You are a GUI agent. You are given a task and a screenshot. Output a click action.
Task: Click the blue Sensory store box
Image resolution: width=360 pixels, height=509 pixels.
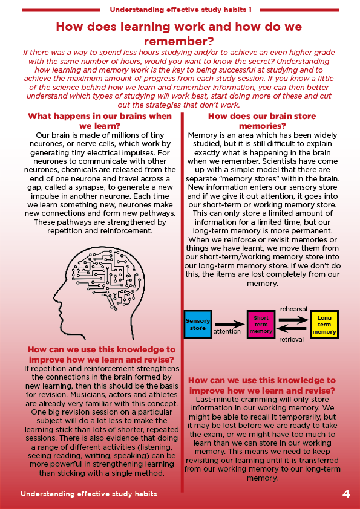tap(197, 324)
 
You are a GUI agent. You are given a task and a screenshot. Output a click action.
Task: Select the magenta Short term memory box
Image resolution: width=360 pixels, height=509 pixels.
tap(261, 324)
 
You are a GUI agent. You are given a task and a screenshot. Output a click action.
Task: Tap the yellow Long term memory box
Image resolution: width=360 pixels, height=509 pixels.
tap(324, 324)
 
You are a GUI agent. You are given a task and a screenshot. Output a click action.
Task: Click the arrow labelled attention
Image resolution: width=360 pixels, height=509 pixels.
tap(229, 324)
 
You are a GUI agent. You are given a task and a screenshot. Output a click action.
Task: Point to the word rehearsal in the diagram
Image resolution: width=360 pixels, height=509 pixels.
tap(293, 309)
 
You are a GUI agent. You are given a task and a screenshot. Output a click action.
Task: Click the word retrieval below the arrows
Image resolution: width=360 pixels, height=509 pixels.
tap(291, 340)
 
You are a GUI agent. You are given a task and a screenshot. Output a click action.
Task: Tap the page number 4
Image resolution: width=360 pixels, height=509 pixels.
tap(346, 494)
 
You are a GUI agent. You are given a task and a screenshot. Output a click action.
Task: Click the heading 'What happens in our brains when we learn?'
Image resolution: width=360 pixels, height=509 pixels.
tap(100, 121)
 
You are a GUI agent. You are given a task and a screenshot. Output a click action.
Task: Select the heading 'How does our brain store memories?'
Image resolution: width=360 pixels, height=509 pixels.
tap(262, 121)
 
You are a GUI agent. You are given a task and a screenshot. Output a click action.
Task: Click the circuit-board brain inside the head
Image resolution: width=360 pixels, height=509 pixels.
tap(108, 275)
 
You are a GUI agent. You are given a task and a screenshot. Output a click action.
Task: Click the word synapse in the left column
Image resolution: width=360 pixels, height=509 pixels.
tap(99, 187)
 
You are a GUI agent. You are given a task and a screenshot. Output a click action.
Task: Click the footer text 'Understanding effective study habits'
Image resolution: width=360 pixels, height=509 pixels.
tap(89, 494)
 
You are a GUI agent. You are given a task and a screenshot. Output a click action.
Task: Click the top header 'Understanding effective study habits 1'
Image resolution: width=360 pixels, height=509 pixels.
tap(181, 10)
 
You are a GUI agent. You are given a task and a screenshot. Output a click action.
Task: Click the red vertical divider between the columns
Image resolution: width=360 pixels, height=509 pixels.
tap(182, 302)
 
